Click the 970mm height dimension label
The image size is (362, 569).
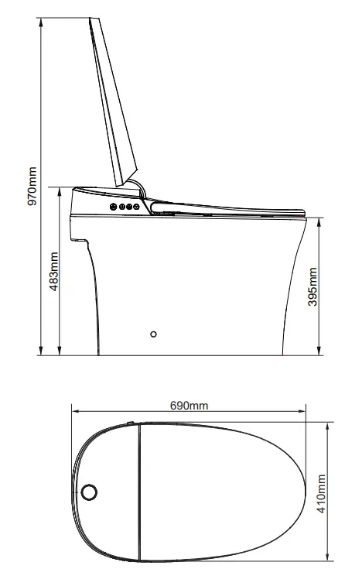point(32,186)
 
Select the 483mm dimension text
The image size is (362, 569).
point(53,271)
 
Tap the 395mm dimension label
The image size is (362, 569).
point(312,286)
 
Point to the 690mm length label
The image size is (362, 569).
point(189,406)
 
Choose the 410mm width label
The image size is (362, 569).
point(321,494)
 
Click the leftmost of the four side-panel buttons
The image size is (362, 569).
point(114,207)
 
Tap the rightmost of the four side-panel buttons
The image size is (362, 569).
point(136,207)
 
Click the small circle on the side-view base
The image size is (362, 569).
point(153,334)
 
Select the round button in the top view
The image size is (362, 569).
point(89,492)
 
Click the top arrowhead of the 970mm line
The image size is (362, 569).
point(41,21)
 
